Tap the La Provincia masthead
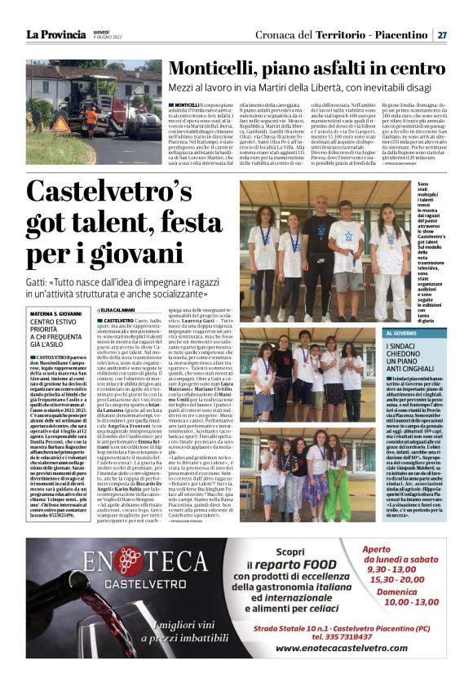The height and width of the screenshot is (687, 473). [x=55, y=35]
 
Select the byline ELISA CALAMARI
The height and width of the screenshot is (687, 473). [x=121, y=311]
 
